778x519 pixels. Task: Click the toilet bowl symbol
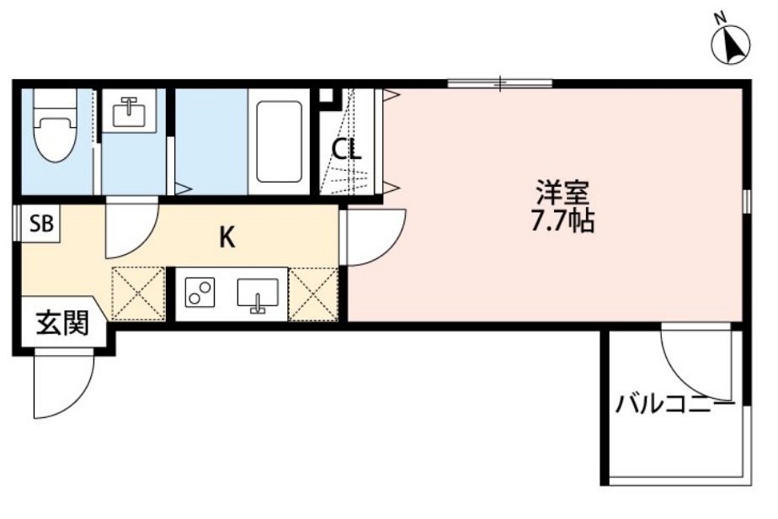[55, 125]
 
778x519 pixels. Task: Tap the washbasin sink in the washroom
[130, 112]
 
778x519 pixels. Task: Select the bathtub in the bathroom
[279, 142]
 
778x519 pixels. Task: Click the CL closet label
[346, 148]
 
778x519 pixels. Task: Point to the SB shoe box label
[41, 224]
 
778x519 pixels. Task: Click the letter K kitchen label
[226, 238]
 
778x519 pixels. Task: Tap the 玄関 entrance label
[62, 323]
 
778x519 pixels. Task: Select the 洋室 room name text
[562, 193]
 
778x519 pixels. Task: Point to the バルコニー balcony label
[674, 405]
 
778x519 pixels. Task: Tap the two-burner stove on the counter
[200, 292]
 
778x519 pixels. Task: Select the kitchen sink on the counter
[258, 295]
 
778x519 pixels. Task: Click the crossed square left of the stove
[138, 294]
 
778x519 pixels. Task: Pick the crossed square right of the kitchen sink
[313, 294]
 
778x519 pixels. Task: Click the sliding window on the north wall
[499, 83]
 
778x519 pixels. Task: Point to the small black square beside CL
[326, 95]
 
